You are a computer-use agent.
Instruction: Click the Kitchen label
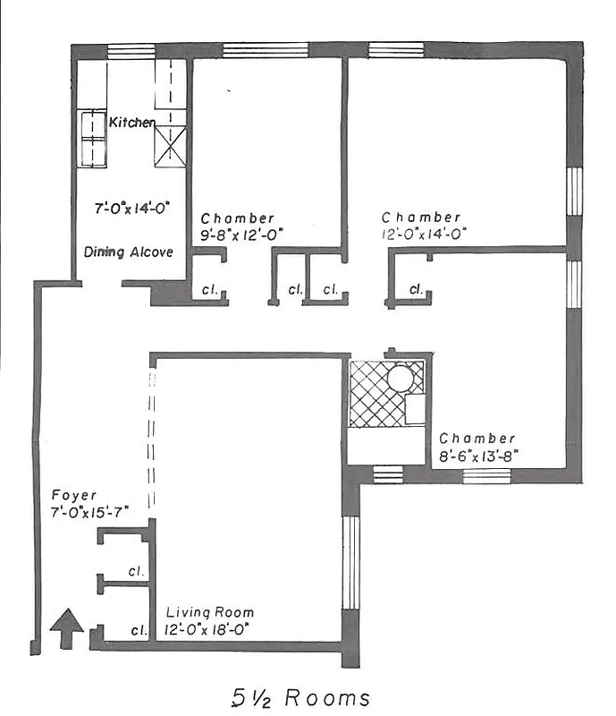132,122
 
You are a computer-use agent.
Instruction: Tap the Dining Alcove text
129,251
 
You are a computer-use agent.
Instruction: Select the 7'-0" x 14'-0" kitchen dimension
133,208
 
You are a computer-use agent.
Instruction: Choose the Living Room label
210,612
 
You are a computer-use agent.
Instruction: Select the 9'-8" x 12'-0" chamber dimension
237,234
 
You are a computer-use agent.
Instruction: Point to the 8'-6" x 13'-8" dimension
477,456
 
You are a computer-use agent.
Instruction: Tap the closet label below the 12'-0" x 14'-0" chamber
417,289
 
